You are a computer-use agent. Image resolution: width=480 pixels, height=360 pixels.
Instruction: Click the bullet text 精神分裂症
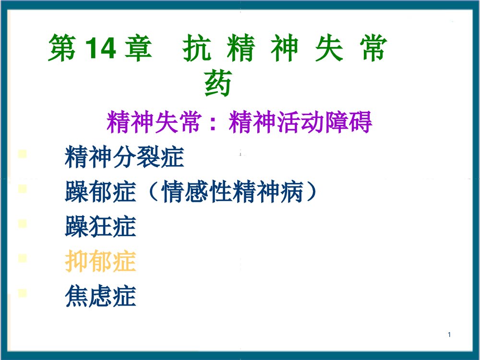tap(124, 157)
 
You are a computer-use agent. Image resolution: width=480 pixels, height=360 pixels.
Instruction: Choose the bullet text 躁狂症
tap(100, 227)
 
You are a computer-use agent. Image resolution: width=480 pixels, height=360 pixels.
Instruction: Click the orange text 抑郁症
tap(100, 262)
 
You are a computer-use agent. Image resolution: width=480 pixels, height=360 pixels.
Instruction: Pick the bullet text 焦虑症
tap(100, 296)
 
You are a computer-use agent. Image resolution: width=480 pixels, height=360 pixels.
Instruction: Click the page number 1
tap(449, 335)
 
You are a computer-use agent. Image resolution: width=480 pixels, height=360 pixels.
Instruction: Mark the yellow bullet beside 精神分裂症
tap(22, 155)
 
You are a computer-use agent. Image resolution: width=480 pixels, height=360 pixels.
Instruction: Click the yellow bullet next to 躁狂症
tap(22, 224)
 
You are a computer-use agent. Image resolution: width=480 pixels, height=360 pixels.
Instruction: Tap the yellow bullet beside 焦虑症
tap(22, 293)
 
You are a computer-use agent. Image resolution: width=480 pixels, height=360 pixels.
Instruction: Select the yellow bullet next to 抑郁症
tap(22, 258)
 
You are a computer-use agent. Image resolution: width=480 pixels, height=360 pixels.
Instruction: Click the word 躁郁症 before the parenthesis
tap(100, 192)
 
